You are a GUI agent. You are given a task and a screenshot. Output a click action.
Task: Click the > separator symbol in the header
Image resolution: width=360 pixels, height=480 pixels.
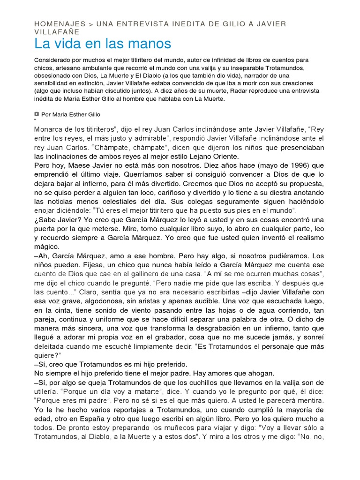coord(91,24)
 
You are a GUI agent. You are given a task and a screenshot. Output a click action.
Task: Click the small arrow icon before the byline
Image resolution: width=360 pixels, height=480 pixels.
coord(37,114)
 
